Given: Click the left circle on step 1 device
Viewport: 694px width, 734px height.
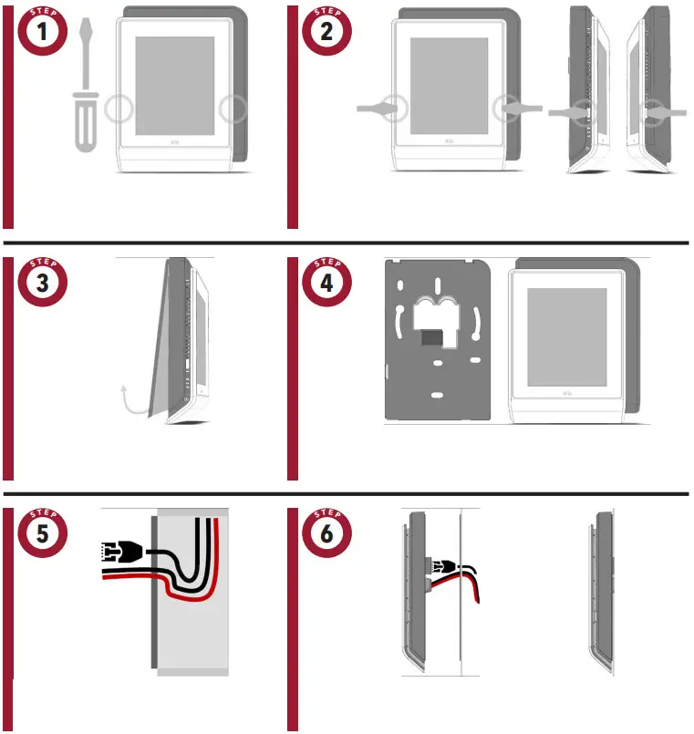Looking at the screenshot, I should (x=119, y=109).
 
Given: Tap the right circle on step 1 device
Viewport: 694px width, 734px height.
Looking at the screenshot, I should (x=233, y=109).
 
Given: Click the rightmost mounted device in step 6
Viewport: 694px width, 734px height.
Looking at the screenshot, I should (x=603, y=593).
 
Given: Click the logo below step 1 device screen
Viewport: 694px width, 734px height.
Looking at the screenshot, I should (x=175, y=141).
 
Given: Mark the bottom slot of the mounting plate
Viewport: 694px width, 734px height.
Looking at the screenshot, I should (x=437, y=395).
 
